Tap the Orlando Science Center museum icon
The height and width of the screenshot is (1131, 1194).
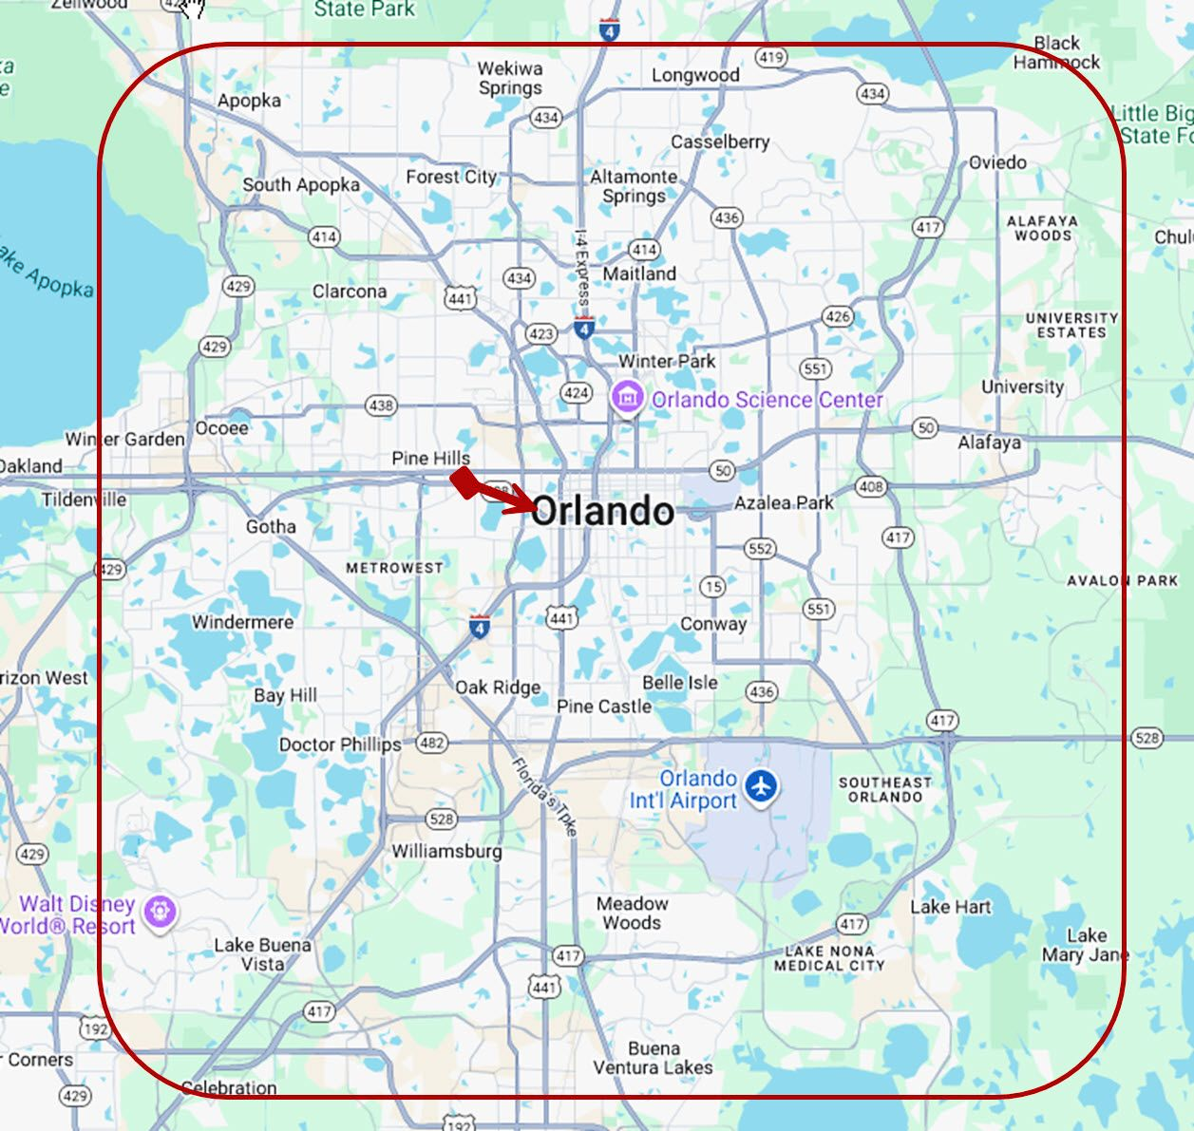click(x=627, y=398)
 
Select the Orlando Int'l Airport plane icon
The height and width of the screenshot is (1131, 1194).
click(x=761, y=786)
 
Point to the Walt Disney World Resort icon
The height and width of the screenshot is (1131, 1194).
click(x=160, y=912)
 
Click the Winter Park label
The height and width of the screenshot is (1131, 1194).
click(x=667, y=361)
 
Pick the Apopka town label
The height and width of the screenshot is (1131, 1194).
click(x=249, y=101)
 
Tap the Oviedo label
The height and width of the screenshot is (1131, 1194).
click(x=997, y=162)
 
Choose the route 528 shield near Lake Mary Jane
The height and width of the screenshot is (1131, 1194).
click(x=1147, y=738)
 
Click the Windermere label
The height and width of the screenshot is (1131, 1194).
click(x=242, y=622)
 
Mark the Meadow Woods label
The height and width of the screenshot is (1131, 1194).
click(x=632, y=913)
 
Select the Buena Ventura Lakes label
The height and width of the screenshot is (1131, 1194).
click(x=654, y=1058)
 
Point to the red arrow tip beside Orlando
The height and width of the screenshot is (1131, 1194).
click(x=534, y=506)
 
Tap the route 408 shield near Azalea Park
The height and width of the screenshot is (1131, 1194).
click(x=870, y=487)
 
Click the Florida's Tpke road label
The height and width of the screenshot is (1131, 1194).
click(x=544, y=796)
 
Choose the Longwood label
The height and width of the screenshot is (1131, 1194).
click(x=695, y=75)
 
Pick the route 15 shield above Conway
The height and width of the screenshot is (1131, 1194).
click(x=713, y=586)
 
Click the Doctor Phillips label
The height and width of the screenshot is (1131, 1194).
click(x=339, y=745)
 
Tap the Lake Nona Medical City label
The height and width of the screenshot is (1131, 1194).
click(x=829, y=958)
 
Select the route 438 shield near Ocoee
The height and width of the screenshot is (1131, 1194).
click(x=380, y=405)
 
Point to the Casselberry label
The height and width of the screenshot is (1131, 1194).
click(x=720, y=141)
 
